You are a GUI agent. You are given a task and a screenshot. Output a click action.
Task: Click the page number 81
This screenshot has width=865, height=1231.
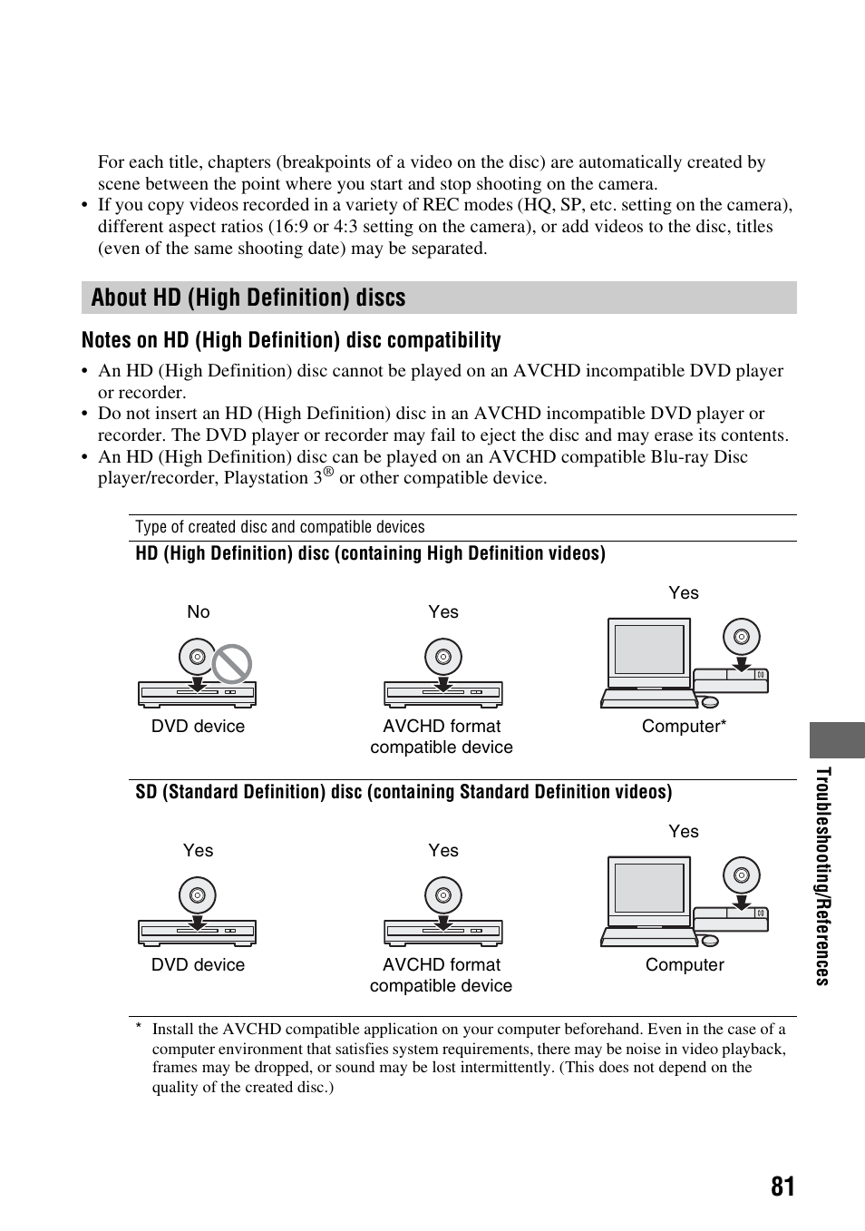point(782,1187)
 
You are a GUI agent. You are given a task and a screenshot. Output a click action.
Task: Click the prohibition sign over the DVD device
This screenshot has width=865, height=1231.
point(231,664)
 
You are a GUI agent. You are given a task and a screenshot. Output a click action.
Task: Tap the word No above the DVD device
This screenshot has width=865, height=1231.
point(198,612)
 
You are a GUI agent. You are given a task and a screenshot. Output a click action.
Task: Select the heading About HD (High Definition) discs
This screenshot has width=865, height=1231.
point(248,298)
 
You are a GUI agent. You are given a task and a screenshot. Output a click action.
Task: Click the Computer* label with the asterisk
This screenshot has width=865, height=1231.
point(684,727)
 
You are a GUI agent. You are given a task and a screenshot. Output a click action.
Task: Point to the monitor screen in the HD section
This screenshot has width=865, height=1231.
point(649,650)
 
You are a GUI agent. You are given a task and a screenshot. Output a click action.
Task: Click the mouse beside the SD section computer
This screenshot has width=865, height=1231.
point(709,940)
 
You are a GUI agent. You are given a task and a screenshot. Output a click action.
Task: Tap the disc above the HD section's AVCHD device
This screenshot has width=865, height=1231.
point(443,657)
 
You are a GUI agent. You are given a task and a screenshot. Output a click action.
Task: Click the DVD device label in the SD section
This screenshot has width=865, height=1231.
point(198,965)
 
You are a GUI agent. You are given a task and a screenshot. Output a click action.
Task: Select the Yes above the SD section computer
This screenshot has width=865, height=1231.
point(683,832)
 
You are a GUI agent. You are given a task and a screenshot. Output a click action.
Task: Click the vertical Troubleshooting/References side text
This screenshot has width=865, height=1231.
point(822,875)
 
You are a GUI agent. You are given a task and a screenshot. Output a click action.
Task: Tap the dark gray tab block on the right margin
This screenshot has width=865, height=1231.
point(837,739)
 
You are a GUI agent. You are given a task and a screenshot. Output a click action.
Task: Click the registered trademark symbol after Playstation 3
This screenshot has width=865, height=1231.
point(329,473)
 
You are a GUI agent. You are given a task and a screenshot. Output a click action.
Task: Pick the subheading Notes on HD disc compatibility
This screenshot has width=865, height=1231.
point(291,340)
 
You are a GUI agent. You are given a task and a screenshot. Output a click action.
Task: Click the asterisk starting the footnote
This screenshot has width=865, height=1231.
point(139,1027)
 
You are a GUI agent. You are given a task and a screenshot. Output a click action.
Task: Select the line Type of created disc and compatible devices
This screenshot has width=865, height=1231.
point(280,528)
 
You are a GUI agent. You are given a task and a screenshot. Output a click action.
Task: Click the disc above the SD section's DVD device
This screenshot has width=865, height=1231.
point(197,895)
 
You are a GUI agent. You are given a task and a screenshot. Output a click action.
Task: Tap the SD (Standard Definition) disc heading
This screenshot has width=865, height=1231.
point(403,792)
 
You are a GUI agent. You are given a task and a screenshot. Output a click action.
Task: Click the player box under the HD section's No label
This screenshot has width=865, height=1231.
point(197,694)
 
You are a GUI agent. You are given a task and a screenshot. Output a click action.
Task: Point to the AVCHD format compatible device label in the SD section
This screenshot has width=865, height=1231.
point(441,975)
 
